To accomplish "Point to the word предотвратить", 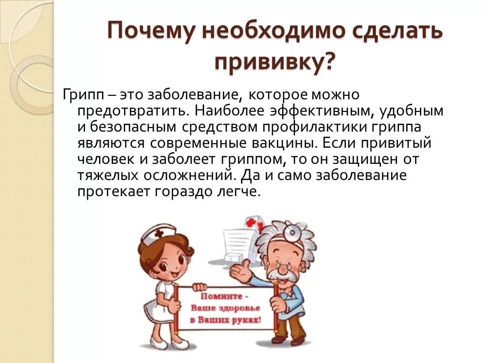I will tap(126, 110).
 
